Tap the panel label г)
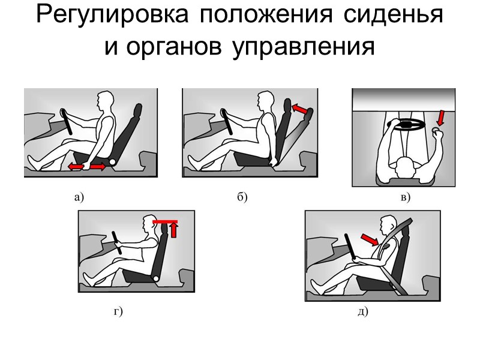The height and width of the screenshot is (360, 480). pyautogui.click(x=118, y=311)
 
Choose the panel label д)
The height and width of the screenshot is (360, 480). pyautogui.click(x=362, y=311)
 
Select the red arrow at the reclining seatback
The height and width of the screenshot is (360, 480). pyautogui.click(x=302, y=109)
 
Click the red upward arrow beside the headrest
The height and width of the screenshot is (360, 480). pyautogui.click(x=174, y=230)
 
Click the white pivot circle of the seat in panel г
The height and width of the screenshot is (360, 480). pyautogui.click(x=155, y=278)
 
